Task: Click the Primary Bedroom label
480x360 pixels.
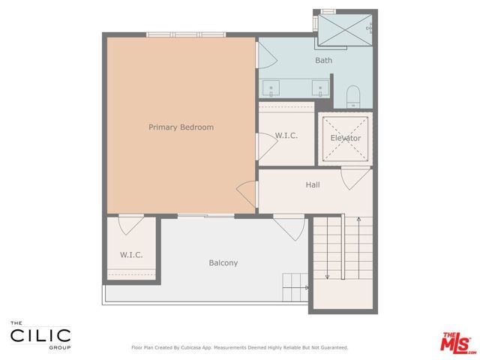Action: click(181, 127)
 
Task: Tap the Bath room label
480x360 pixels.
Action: click(323, 61)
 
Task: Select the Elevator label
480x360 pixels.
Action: click(346, 138)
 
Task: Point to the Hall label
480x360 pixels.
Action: click(313, 184)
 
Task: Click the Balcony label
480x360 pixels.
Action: click(223, 262)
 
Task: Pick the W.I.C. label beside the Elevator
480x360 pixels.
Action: click(286, 136)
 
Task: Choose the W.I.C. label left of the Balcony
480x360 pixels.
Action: click(131, 255)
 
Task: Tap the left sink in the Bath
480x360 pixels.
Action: click(271, 89)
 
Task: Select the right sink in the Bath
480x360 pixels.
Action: click(321, 89)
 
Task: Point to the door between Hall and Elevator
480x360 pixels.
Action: click(350, 178)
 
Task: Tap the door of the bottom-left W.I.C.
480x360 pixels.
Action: click(130, 223)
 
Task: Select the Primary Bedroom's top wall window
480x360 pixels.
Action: click(185, 34)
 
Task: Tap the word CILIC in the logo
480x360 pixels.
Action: click(40, 335)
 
